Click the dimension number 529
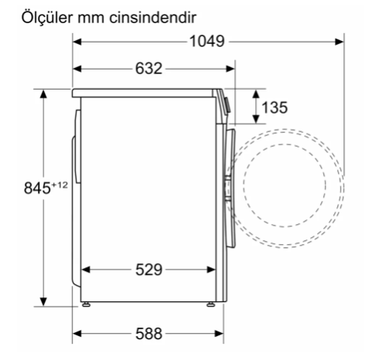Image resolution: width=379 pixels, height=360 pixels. pos(149,270)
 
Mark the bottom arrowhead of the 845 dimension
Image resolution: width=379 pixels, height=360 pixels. pos(44,301)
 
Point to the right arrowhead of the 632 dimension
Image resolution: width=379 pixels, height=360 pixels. pos(231,69)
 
